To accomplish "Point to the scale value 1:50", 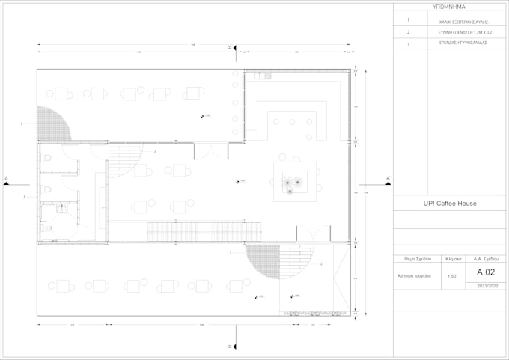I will pyautogui.click(x=452, y=275).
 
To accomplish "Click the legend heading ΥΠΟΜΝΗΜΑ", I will pyautogui.click(x=451, y=6).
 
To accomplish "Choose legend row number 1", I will pyautogui.click(x=408, y=21).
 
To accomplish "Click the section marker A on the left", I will pyautogui.click(x=7, y=181).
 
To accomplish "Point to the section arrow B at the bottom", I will pyautogui.click(x=233, y=346).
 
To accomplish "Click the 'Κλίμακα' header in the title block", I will pyautogui.click(x=452, y=258).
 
